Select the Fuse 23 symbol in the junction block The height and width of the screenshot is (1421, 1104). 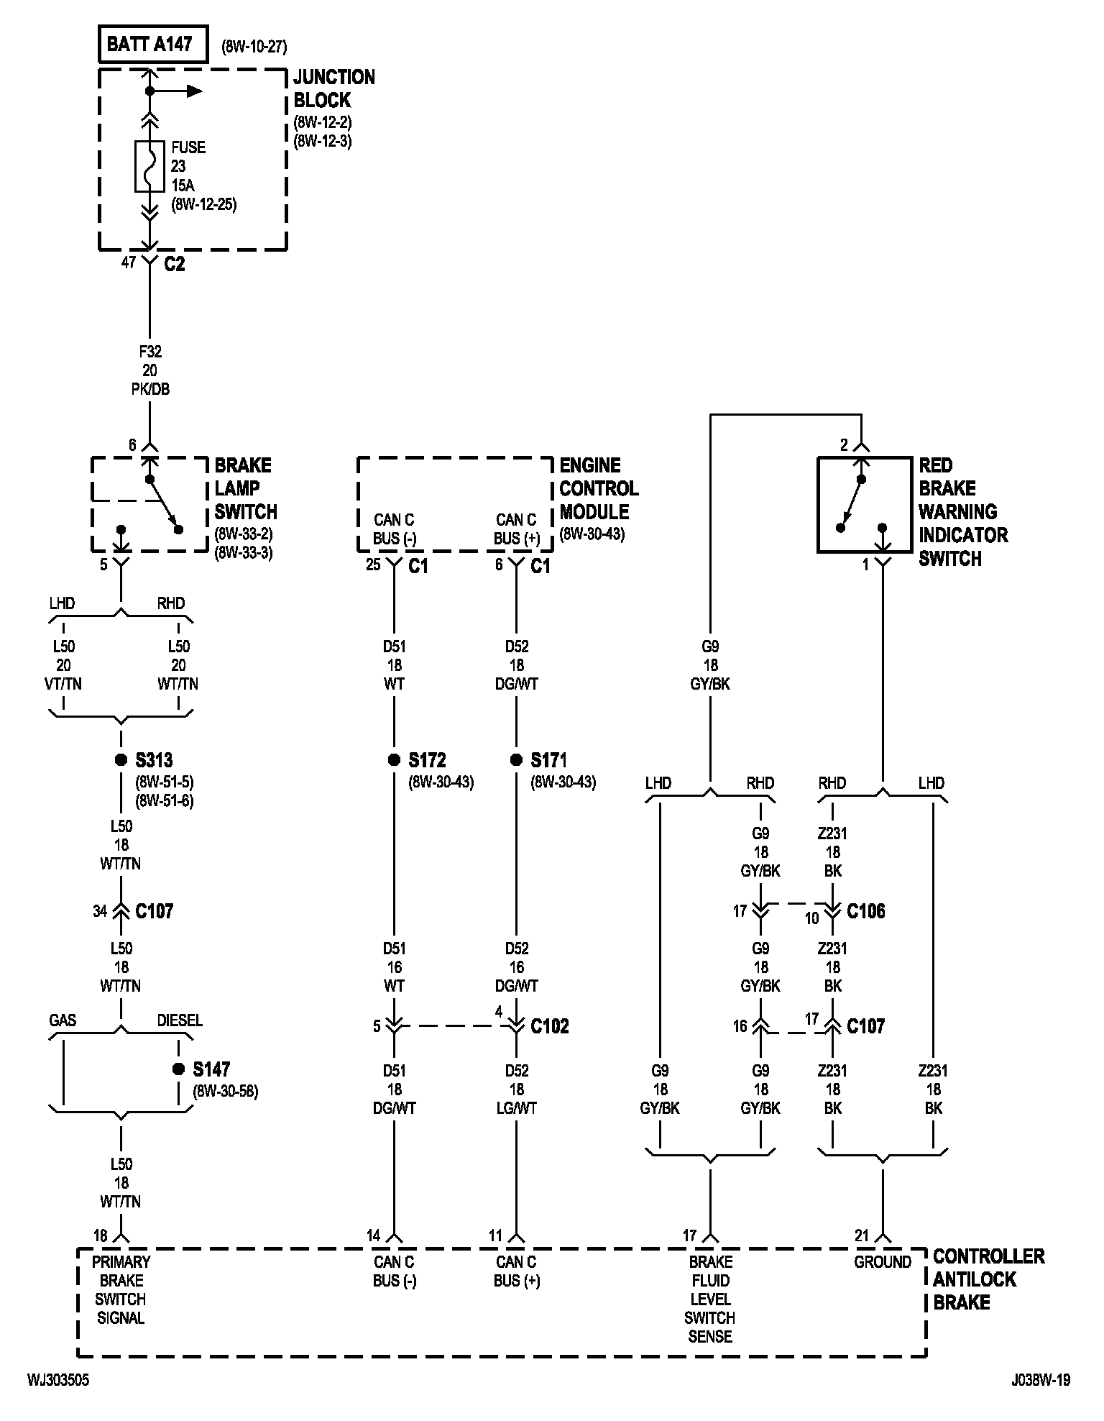[x=149, y=166]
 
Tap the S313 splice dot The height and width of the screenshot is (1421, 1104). [x=121, y=760]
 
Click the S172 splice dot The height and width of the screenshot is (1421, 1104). [x=394, y=760]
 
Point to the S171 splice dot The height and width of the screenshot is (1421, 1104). [x=516, y=760]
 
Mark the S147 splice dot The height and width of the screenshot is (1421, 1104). [x=178, y=1069]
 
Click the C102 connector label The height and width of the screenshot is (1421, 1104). [x=550, y=1026]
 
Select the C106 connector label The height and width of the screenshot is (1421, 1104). [x=866, y=911]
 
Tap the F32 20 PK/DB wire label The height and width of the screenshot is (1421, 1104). [x=149, y=370]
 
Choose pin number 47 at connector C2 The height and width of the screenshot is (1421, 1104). [x=129, y=262]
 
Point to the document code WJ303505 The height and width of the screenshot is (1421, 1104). [x=59, y=1380]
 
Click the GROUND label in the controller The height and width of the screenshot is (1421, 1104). [x=883, y=1262]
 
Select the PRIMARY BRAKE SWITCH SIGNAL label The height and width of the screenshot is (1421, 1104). [x=121, y=1290]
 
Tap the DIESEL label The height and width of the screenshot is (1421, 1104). [x=180, y=1020]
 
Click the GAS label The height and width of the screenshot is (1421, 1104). [x=63, y=1020]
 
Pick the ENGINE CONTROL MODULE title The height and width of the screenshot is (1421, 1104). [x=599, y=489]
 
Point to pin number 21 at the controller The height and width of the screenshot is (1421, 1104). [x=862, y=1235]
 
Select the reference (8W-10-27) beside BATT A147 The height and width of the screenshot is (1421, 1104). [x=254, y=47]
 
